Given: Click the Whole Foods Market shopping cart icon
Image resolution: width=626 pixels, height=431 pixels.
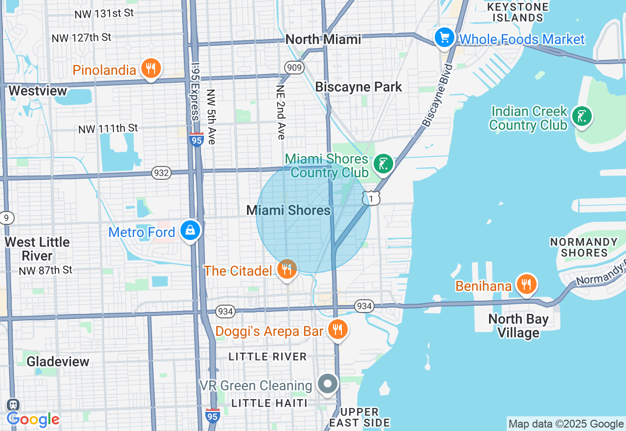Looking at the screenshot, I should click(444, 38).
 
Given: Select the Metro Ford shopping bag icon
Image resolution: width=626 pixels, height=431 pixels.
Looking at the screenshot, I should click(190, 230).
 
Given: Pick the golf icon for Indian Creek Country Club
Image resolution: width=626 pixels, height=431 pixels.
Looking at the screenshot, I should click(582, 117).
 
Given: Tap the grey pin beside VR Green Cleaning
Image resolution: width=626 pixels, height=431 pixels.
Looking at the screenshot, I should click(328, 384).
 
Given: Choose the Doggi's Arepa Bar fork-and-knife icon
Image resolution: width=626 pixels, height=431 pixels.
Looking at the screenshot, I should click(337, 329).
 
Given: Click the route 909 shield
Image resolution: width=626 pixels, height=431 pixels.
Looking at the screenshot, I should click(294, 67).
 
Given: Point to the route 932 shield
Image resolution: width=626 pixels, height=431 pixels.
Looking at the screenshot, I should click(161, 173).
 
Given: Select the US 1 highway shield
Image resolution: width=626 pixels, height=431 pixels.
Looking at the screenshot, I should click(371, 198).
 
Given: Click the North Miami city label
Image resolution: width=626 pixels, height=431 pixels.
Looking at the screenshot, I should click(323, 40).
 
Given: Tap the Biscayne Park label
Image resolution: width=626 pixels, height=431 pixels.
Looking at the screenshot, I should click(358, 87).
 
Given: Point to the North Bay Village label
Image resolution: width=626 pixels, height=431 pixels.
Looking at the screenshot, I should click(518, 326).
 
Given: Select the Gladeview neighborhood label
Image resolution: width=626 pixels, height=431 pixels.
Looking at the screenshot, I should click(58, 361).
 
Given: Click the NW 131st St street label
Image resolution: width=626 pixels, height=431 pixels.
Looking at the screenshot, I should click(104, 14).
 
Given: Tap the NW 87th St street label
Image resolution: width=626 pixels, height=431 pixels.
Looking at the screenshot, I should click(45, 270).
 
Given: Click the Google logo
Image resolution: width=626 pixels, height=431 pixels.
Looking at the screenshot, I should click(33, 419).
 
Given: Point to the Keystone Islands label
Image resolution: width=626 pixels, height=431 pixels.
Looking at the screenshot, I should click(518, 12).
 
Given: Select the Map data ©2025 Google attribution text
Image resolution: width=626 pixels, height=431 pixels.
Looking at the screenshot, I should click(566, 424).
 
